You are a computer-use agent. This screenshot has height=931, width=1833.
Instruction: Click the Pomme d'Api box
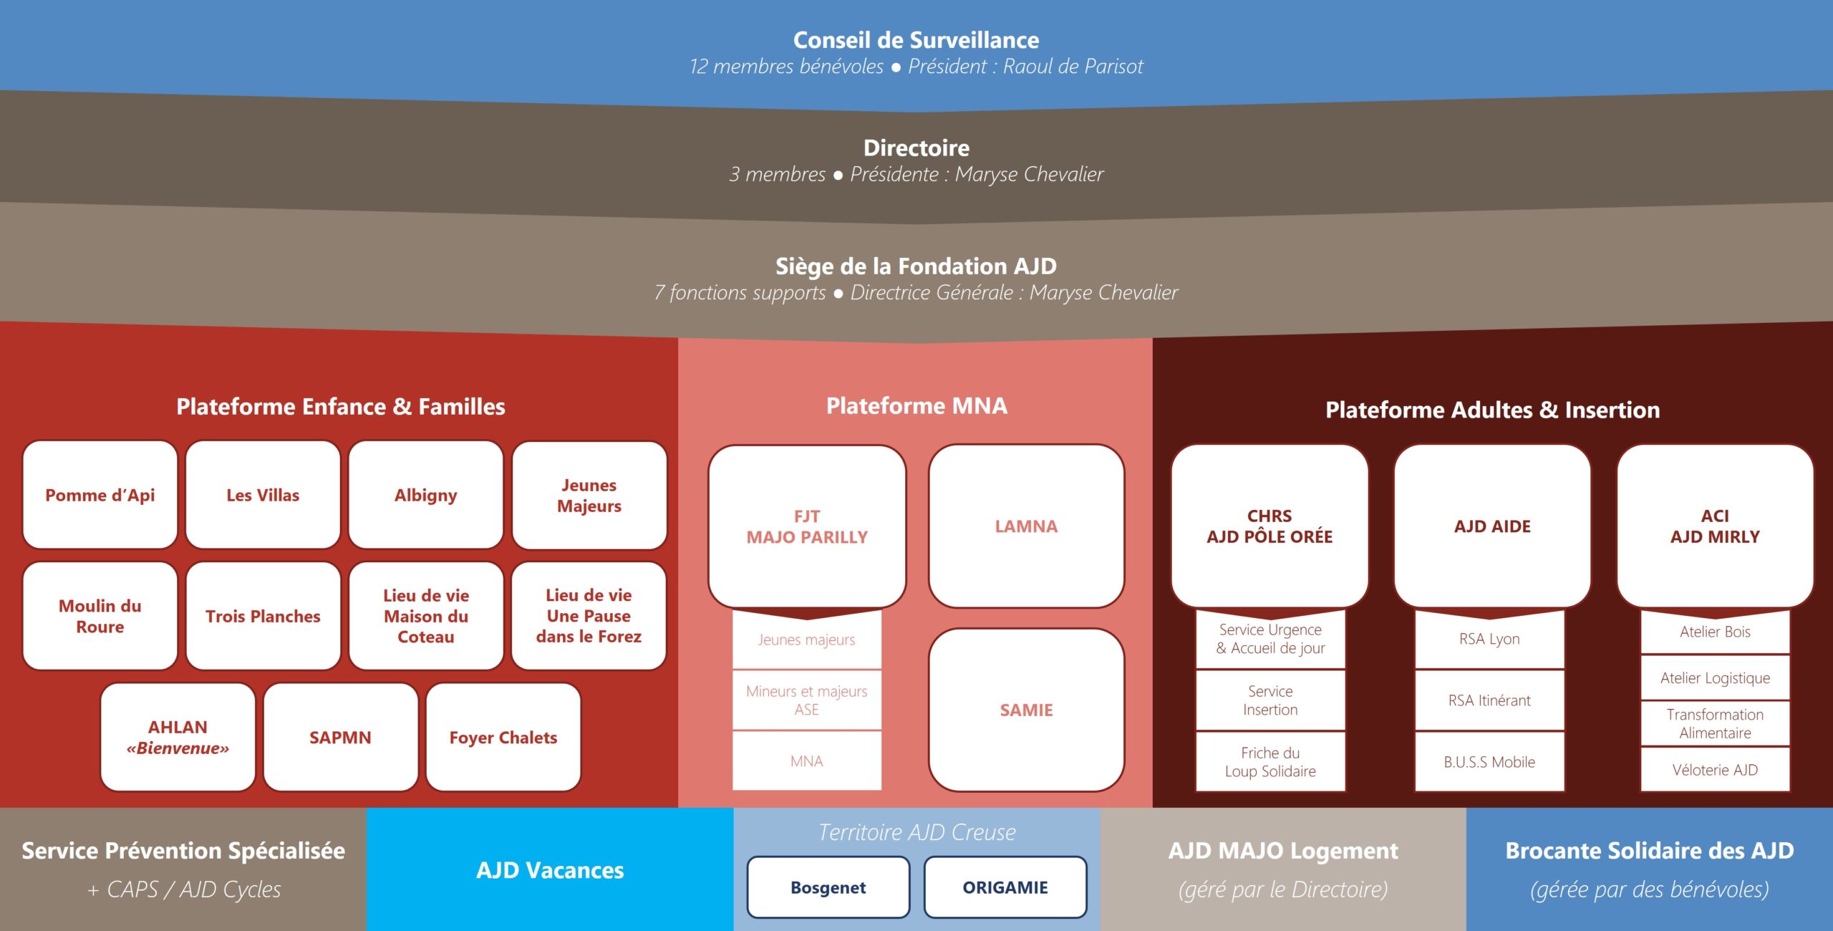pos(100,495)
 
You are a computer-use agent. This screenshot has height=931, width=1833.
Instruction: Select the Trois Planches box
pos(263,616)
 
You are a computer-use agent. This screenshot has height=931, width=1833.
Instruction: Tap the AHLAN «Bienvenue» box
pos(178,737)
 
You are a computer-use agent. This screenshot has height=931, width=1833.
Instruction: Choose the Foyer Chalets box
pos(503,737)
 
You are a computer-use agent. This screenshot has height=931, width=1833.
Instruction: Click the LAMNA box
pos(1026,526)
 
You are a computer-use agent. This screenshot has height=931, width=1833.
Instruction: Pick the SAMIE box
pos(1026,710)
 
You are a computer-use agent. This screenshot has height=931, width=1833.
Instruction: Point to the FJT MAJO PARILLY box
pos(807,526)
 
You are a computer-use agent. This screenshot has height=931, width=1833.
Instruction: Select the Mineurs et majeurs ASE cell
pos(807,700)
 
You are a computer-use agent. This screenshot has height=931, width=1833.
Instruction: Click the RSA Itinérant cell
pos(1489,700)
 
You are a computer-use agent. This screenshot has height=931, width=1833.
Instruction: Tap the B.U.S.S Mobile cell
pos(1489,762)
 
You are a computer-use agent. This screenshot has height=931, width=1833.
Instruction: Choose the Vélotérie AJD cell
pos(1715,770)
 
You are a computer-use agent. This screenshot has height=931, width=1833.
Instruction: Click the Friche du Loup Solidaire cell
pos(1270,762)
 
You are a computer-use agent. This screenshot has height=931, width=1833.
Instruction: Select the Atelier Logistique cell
pos(1715,677)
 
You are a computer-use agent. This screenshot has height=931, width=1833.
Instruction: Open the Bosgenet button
pos(828,887)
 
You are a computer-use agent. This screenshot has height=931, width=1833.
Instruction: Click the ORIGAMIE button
pos(1005,887)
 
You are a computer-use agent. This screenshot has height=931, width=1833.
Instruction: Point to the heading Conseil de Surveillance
pos(916,40)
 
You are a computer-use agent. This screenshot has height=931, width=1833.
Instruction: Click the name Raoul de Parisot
pos(1073,67)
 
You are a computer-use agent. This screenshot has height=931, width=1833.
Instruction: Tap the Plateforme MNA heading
pos(916,406)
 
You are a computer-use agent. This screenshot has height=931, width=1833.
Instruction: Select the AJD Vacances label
pos(550,870)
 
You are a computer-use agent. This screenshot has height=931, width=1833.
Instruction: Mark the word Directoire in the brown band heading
pos(916,148)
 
